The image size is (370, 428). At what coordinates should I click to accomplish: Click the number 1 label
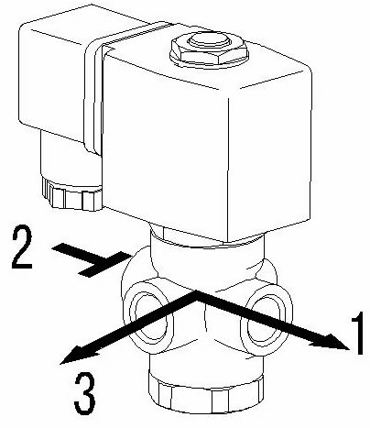tap(357, 334)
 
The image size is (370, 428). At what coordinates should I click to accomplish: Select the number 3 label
tap(84, 394)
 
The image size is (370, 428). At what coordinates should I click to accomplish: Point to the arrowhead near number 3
tap(78, 355)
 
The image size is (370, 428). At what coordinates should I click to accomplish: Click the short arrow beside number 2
tap(92, 259)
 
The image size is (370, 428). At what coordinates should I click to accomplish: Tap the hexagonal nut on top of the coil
tap(209, 51)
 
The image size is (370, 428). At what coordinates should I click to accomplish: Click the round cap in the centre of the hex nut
tap(209, 42)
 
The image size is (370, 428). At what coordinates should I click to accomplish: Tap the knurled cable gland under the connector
tap(72, 194)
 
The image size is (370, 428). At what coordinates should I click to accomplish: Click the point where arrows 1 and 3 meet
tap(195, 294)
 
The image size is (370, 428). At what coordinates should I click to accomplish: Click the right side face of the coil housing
tap(270, 153)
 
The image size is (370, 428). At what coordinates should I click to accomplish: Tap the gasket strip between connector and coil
tap(94, 92)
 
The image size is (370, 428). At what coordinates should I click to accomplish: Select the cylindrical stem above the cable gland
tap(71, 159)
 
